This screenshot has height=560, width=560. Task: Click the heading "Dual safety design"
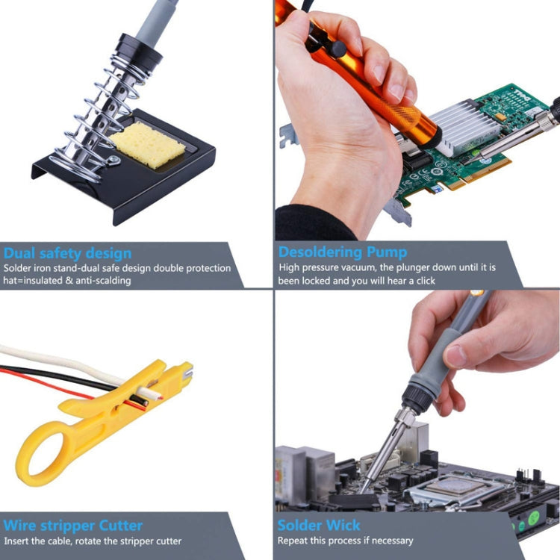(x=67, y=252)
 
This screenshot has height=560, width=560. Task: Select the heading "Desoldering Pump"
(x=343, y=252)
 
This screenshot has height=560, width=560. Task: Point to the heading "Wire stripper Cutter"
(x=72, y=525)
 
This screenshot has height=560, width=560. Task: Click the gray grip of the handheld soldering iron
(x=448, y=351)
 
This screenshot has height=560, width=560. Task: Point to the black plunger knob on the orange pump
(x=338, y=49)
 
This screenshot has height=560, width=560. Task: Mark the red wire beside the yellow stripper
(x=45, y=381)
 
